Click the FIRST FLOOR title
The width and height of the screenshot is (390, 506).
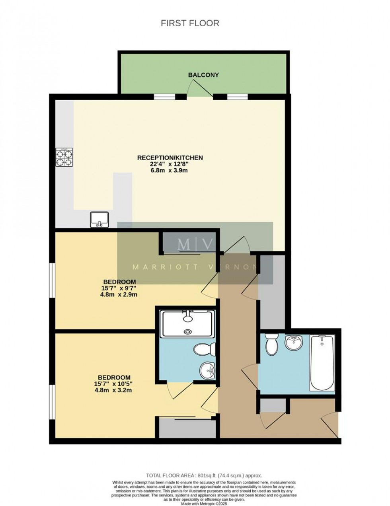tap(190, 23)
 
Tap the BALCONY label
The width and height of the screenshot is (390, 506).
tap(203, 75)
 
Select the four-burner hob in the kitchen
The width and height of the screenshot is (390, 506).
tap(64, 157)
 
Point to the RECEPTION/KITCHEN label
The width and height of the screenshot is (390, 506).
tap(170, 158)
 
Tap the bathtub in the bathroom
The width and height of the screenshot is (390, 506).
tap(322, 363)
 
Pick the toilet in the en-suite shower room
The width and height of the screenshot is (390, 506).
tap(205, 349)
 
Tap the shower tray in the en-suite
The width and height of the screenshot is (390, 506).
tap(187, 323)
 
